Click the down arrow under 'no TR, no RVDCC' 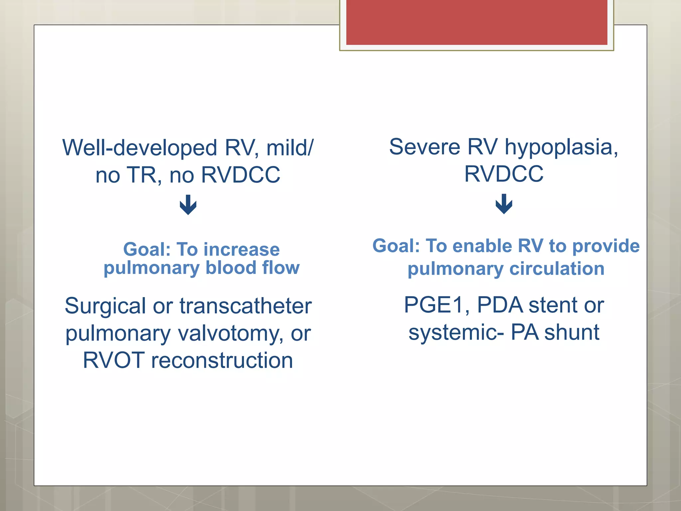188,205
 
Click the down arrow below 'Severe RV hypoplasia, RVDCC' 504,204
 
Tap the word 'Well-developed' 140,148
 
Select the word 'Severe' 424,147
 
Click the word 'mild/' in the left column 290,148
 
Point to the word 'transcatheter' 245,306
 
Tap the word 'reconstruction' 222,361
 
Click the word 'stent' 553,305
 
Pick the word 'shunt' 572,332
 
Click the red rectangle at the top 477,22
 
